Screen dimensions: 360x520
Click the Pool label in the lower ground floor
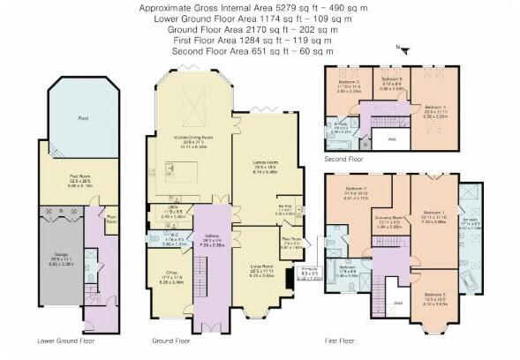(x=83, y=117)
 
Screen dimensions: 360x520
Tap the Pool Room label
(x=82, y=176)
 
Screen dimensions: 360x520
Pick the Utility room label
(x=173, y=210)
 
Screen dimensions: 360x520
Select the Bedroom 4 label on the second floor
(x=436, y=109)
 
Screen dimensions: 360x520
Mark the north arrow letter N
(x=399, y=46)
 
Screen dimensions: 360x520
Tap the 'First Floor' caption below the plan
(x=345, y=340)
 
